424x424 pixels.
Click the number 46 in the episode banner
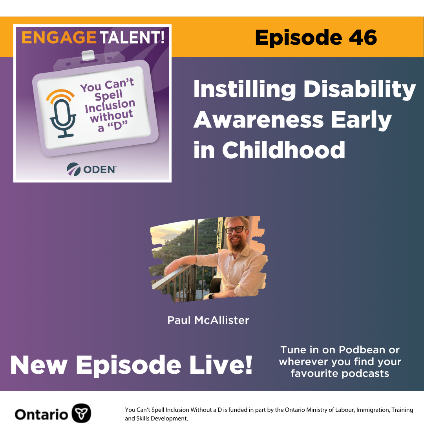click(x=363, y=37)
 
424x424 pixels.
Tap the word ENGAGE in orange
click(x=59, y=37)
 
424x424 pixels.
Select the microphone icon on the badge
click(x=62, y=113)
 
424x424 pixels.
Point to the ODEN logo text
click(x=100, y=170)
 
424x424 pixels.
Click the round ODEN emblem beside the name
click(x=73, y=169)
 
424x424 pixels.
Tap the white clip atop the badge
click(x=88, y=55)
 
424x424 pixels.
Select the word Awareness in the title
click(x=258, y=120)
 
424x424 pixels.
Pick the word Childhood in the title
click(x=283, y=150)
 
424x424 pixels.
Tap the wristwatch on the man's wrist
click(x=211, y=296)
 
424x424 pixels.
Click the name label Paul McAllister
click(x=208, y=320)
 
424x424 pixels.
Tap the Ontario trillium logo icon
click(x=81, y=413)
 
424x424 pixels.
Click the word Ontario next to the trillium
click(x=41, y=414)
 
